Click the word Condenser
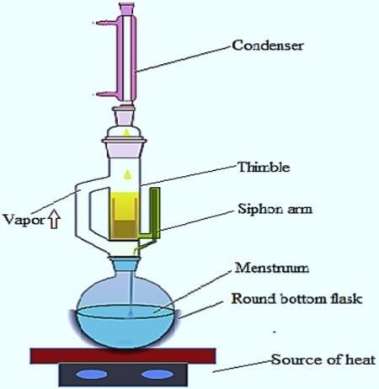pyautogui.click(x=268, y=45)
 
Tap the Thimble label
pyautogui.click(x=264, y=168)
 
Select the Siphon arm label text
pyautogui.click(x=275, y=209)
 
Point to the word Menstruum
pyautogui.click(x=272, y=268)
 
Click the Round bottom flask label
pyautogui.click(x=297, y=299)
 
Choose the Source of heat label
pyautogui.click(x=323, y=360)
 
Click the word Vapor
pyautogui.click(x=24, y=220)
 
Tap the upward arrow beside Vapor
pyautogui.click(x=54, y=219)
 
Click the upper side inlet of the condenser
pyautogui.click(x=107, y=23)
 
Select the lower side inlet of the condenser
pyautogui.click(x=107, y=94)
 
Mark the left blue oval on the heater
pyautogui.click(x=91, y=375)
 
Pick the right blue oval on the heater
pyautogui.click(x=157, y=375)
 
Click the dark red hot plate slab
pyautogui.click(x=123, y=356)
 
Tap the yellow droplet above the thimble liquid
pyautogui.click(x=127, y=174)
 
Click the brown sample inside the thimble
pyautogui.click(x=124, y=230)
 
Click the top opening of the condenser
pyautogui.click(x=126, y=6)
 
